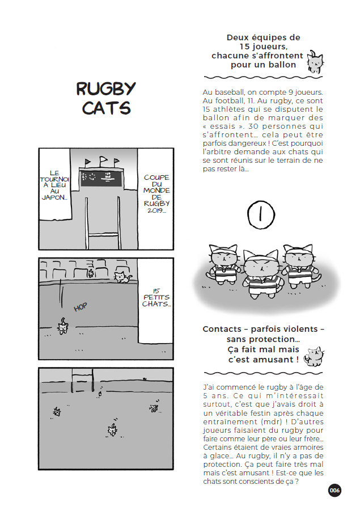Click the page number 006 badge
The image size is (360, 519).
[334, 490]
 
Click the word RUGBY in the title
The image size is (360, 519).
[106, 88]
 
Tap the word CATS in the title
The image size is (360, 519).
[107, 108]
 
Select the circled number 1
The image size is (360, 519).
[261, 215]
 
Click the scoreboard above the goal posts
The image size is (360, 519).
[101, 177]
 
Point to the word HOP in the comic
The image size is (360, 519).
[81, 307]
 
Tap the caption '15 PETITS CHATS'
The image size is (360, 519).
[156, 297]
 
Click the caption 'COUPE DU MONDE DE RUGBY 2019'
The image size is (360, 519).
[156, 193]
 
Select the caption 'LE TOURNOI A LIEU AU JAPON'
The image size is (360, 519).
[54, 185]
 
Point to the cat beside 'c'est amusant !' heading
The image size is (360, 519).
[314, 357]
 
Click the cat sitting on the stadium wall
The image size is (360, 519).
[121, 277]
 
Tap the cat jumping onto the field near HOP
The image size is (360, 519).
[62, 326]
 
